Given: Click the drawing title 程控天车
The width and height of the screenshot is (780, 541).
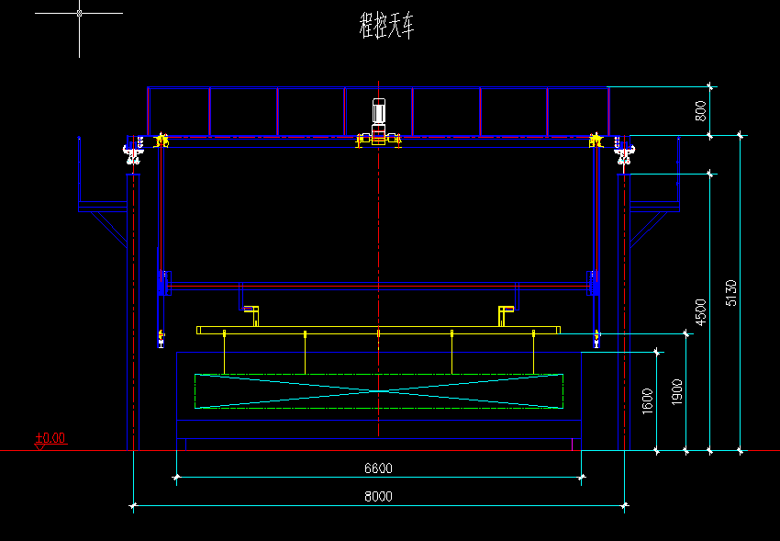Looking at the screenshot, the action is click(386, 27).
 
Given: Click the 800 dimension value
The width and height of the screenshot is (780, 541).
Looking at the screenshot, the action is click(700, 111).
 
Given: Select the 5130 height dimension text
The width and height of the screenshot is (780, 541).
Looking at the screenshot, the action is click(730, 293).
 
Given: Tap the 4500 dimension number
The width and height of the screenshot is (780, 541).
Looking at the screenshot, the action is click(700, 312).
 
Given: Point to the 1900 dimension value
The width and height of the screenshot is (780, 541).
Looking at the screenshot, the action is click(676, 391).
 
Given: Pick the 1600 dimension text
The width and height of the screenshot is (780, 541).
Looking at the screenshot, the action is click(647, 401).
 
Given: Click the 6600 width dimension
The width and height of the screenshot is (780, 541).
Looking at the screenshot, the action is click(379, 468).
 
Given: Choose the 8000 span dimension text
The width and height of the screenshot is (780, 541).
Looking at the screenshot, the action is click(379, 496).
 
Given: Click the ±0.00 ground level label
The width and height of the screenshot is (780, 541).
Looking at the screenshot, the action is click(50, 438).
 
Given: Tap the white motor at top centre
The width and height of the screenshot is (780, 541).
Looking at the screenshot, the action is click(379, 111).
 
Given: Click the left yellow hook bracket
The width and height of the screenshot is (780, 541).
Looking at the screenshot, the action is click(251, 316).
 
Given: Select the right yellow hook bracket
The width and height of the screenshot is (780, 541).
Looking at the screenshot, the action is click(506, 316).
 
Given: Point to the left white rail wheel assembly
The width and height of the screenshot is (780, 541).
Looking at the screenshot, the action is click(132, 152).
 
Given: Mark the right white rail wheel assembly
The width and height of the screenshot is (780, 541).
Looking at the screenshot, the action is click(624, 152).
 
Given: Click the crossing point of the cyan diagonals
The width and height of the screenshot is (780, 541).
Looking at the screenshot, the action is click(379, 391).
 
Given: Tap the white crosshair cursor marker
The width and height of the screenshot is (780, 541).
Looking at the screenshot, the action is click(79, 14).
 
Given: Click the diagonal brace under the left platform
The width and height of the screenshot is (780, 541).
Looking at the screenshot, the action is click(109, 230).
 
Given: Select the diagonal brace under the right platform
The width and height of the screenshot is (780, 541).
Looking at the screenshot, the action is click(649, 230).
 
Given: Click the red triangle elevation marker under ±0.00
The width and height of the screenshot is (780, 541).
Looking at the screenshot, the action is click(39, 447).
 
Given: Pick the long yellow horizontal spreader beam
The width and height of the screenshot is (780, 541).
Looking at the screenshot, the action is click(379, 330).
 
